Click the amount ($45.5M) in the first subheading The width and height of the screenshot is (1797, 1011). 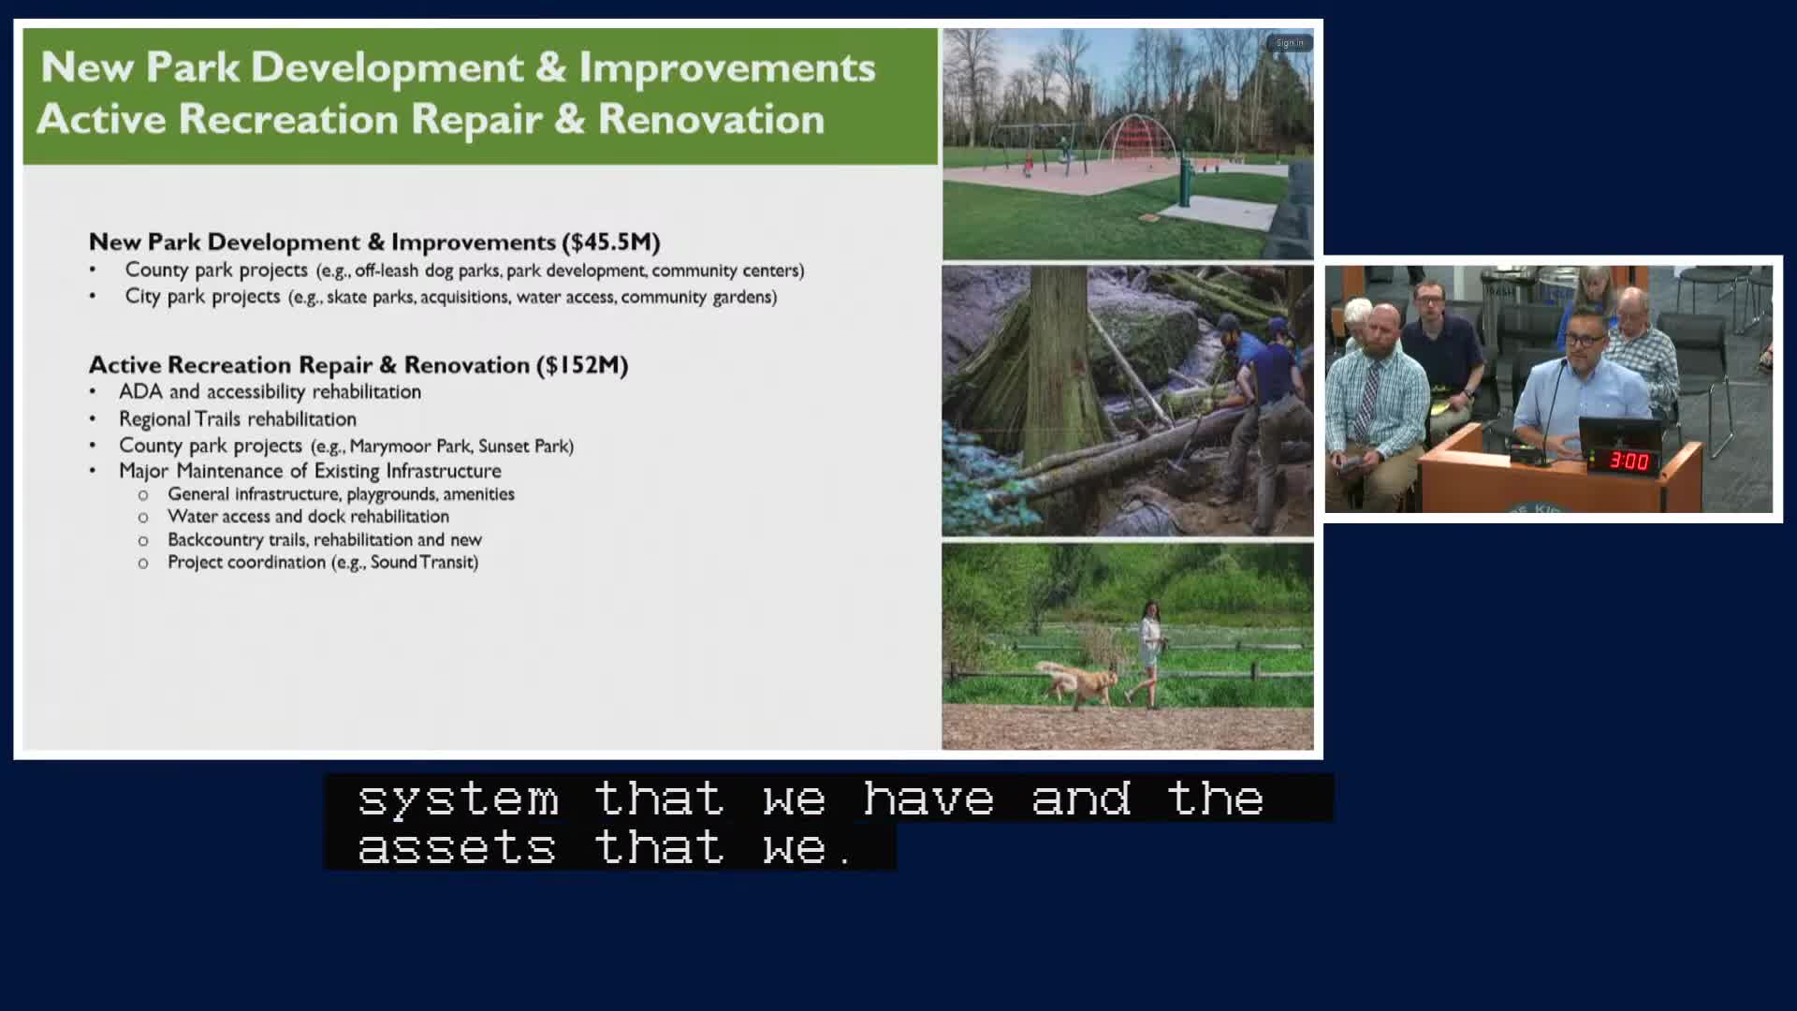click(x=611, y=242)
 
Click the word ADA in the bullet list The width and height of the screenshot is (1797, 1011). click(x=140, y=391)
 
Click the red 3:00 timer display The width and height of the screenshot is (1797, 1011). click(x=1629, y=461)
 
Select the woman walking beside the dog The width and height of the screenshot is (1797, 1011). click(x=1149, y=653)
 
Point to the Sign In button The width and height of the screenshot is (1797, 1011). click(x=1290, y=43)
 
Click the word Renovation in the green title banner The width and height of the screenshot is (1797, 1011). click(x=711, y=120)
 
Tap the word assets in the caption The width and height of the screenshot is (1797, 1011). click(x=457, y=847)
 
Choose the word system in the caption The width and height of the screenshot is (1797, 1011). click(x=458, y=799)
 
